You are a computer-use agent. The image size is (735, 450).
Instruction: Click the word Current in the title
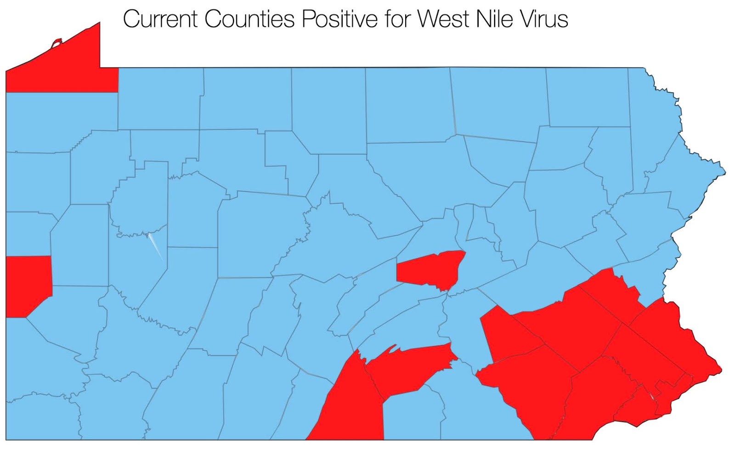click(161, 20)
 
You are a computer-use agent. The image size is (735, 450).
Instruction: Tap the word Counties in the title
click(249, 20)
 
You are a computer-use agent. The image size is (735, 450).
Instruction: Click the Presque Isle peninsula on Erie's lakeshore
click(56, 44)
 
